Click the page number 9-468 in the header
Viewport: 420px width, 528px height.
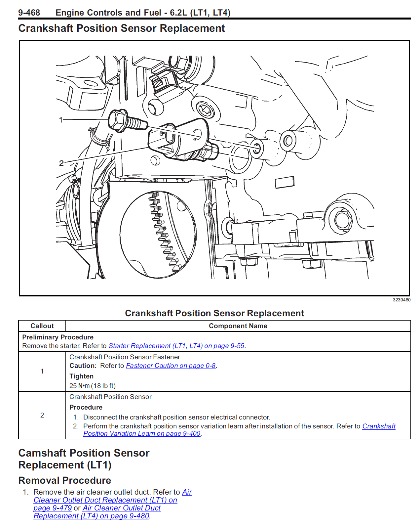coord(29,13)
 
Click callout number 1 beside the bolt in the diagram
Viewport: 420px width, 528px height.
coord(61,120)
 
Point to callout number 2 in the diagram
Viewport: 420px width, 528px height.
coord(61,163)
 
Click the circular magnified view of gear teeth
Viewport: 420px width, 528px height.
coord(158,234)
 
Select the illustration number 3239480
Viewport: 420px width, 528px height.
coord(401,300)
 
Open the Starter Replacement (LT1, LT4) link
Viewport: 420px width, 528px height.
coord(176,346)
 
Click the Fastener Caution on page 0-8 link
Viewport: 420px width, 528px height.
coord(171,366)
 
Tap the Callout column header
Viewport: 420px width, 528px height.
coord(42,326)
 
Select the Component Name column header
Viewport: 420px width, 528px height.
coord(238,326)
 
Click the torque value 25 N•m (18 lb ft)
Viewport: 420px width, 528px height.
coord(93,386)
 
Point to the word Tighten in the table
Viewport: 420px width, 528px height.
coord(81,376)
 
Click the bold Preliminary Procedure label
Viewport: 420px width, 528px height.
coord(58,337)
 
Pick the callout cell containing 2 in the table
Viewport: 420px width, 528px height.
coord(42,415)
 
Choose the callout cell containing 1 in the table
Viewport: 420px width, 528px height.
coord(42,371)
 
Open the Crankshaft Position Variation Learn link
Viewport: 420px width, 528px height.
coord(239,430)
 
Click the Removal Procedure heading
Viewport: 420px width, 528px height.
coord(65,480)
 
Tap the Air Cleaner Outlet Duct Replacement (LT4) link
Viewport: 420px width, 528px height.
coord(97,512)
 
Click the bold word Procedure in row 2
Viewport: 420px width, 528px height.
coord(86,407)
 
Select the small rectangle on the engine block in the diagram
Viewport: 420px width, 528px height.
coord(285,182)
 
